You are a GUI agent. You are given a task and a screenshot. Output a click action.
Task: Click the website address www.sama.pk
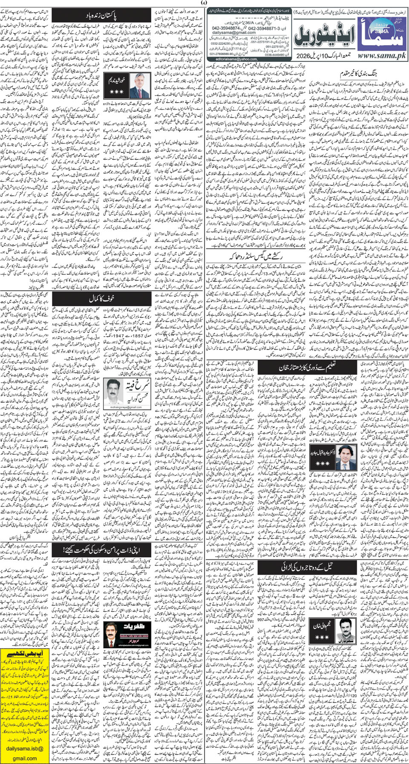click(x=381, y=55)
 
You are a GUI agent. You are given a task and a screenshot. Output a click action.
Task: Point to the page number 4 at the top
click(x=204, y=3)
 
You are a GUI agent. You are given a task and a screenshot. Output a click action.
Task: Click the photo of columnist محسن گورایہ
click(x=115, y=389)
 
